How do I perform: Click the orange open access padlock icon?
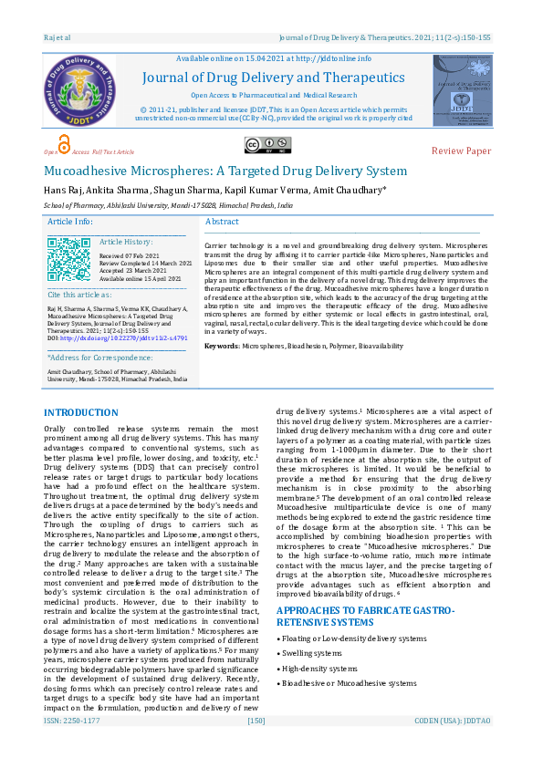tap(63, 145)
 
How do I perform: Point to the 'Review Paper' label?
tap(461, 150)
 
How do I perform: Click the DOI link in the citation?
tap(122, 338)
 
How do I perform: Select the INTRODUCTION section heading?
tap(81, 413)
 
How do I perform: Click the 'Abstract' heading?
tap(223, 222)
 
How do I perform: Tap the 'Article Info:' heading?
tap(70, 222)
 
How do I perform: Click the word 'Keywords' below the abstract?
tap(222, 347)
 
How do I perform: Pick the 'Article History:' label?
tap(127, 242)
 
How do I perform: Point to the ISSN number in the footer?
tap(72, 746)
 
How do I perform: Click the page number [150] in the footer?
tap(256, 746)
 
